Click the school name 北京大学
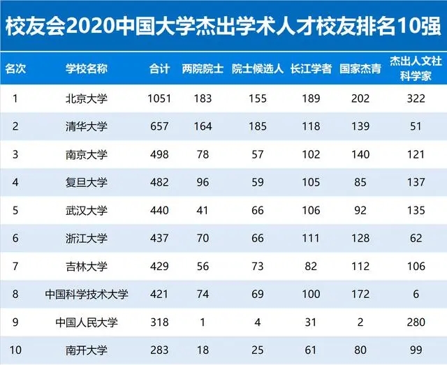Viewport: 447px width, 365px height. (87, 98)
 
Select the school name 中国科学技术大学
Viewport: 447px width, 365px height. (87, 295)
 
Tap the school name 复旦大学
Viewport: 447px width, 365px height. (87, 182)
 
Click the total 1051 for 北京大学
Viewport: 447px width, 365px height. (159, 98)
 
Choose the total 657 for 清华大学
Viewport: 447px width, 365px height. (159, 126)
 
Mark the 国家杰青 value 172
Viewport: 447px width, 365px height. (360, 295)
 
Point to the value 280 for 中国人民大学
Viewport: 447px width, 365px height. (416, 322)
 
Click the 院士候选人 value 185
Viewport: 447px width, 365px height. (257, 126)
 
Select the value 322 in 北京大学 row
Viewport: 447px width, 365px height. (416, 98)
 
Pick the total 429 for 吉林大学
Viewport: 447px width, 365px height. (159, 267)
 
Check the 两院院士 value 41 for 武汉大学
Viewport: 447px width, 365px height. (203, 211)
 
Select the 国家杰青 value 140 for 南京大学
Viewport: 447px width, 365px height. (360, 154)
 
